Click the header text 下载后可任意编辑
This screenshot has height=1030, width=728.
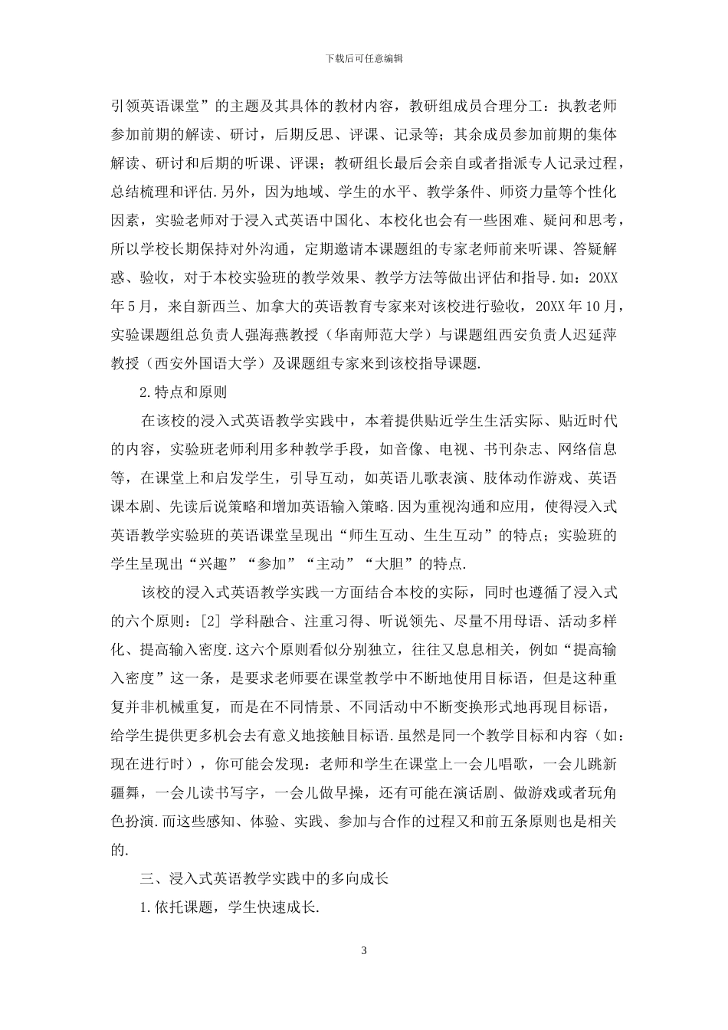(364, 57)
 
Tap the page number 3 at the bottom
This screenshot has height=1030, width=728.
(364, 951)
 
